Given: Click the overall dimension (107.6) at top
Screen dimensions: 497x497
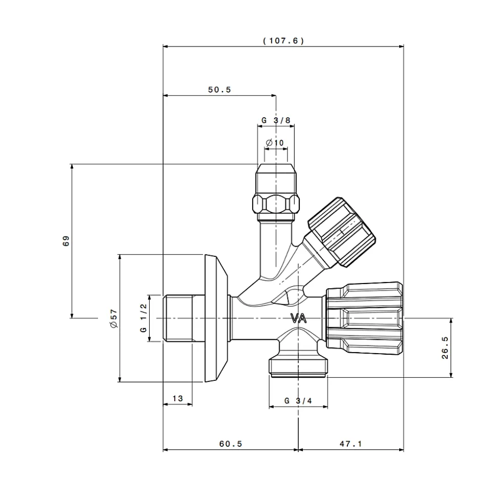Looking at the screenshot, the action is (x=283, y=41).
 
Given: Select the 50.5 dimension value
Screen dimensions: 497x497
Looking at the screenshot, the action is (x=220, y=90).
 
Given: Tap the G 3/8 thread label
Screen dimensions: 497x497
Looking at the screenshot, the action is (x=276, y=120).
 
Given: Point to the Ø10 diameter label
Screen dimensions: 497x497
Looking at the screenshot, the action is (x=275, y=143).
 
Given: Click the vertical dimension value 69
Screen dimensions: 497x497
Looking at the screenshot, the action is (x=66, y=241).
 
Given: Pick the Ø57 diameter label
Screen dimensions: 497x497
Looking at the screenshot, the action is (x=114, y=318).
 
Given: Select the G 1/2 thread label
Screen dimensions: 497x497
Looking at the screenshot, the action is (x=143, y=318).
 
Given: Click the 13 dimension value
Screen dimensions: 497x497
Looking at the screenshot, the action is (x=178, y=398).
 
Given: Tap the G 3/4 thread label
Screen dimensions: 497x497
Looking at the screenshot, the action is (x=298, y=401).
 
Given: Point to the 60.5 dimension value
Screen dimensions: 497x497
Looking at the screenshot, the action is (x=231, y=444).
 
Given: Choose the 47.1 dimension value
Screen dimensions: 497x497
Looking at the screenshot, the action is (x=350, y=444).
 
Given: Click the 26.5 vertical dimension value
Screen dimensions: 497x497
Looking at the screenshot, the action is (x=445, y=348).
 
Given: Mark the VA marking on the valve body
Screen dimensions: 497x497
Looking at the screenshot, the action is (x=299, y=318).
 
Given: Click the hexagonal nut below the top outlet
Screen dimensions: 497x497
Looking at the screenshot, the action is (x=276, y=204).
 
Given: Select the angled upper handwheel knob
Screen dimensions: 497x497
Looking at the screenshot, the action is (x=341, y=232).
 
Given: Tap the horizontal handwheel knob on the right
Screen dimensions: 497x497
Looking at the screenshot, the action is (x=365, y=318).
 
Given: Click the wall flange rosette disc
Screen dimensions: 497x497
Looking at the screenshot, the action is (x=216, y=318).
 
